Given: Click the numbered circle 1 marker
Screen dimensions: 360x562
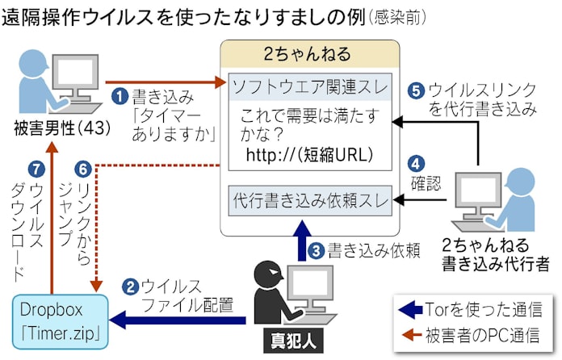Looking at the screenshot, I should point(120,97).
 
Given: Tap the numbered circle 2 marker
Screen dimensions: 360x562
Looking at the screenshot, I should point(129,286).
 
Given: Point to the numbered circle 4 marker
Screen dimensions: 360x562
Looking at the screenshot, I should point(417,161).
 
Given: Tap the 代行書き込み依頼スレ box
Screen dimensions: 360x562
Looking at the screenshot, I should point(310,199).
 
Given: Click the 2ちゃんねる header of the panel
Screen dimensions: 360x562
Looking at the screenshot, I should point(310,55).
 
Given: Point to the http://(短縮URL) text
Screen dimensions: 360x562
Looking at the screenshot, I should point(310,153).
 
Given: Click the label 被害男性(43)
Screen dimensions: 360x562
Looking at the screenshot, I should point(47,127).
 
